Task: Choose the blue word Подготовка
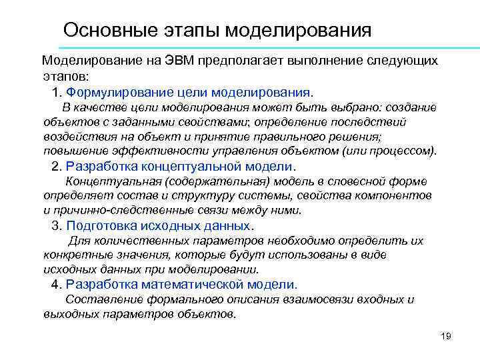click(101, 225)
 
